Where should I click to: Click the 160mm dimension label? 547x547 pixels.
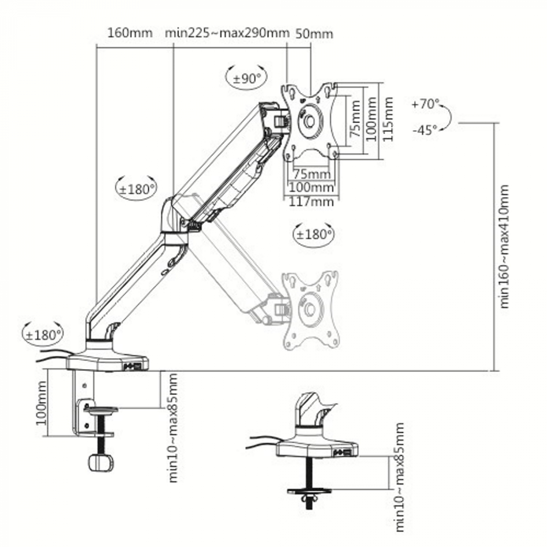pyautogui.click(x=130, y=32)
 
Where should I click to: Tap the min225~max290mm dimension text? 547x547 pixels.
pyautogui.click(x=227, y=32)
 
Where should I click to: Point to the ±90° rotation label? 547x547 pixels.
pyautogui.click(x=247, y=79)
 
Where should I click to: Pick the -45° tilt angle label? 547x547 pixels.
pyautogui.click(x=425, y=130)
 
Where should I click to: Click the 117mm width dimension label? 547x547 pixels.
pyautogui.click(x=311, y=202)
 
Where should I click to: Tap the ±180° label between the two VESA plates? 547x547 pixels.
pyautogui.click(x=314, y=235)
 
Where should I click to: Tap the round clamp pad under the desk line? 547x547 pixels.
pyautogui.click(x=101, y=410)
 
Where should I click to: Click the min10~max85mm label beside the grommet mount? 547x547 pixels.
pyautogui.click(x=399, y=477)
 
